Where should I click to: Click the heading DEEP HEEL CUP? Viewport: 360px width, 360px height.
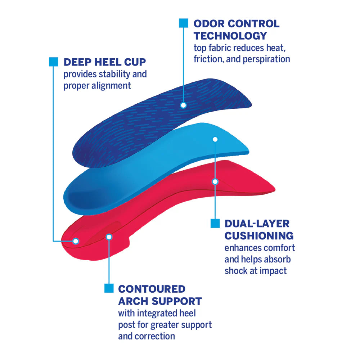[105, 62]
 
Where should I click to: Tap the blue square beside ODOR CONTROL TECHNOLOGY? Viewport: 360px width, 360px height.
[184, 23]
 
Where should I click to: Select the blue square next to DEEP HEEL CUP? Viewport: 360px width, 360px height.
[53, 62]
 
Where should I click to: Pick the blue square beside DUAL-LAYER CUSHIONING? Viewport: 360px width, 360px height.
[215, 223]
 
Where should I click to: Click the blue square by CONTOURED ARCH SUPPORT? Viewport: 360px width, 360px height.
[109, 288]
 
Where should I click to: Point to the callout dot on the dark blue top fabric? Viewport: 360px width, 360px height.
[183, 105]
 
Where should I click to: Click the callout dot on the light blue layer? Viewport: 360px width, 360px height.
[215, 139]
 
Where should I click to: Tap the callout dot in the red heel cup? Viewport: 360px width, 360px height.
[76, 241]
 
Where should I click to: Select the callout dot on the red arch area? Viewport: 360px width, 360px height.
[109, 237]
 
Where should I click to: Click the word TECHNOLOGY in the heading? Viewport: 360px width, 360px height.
[230, 36]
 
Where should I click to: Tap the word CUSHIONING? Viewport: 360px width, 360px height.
[259, 236]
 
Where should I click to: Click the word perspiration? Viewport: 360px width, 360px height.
[267, 59]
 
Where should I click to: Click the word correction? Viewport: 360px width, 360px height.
[155, 336]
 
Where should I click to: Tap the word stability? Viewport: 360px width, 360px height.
[111, 74]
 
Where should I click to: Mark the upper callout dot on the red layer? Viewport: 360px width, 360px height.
[215, 182]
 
